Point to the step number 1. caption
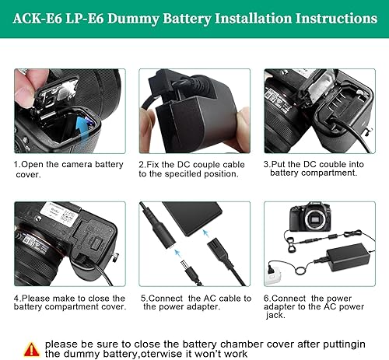pos(17,165)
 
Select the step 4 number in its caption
pos(17,298)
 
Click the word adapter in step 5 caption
pos(196,306)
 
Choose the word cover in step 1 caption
pos(26,174)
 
